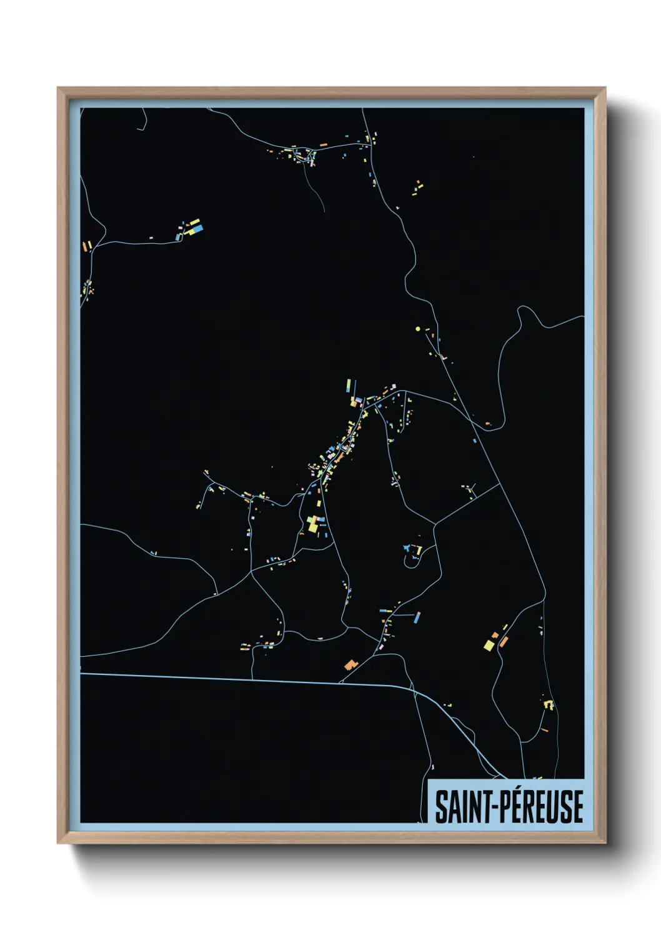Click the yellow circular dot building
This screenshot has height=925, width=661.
click(417, 328)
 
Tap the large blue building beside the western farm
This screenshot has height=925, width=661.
click(197, 229)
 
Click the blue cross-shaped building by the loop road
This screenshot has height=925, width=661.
click(408, 548)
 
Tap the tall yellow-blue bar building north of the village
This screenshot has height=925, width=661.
click(348, 386)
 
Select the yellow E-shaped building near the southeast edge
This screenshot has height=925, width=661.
click(550, 704)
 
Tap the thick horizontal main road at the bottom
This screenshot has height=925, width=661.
click(250, 679)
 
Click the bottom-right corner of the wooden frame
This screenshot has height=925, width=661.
click(604, 843)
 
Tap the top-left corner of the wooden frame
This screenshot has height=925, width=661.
click(58, 88)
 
